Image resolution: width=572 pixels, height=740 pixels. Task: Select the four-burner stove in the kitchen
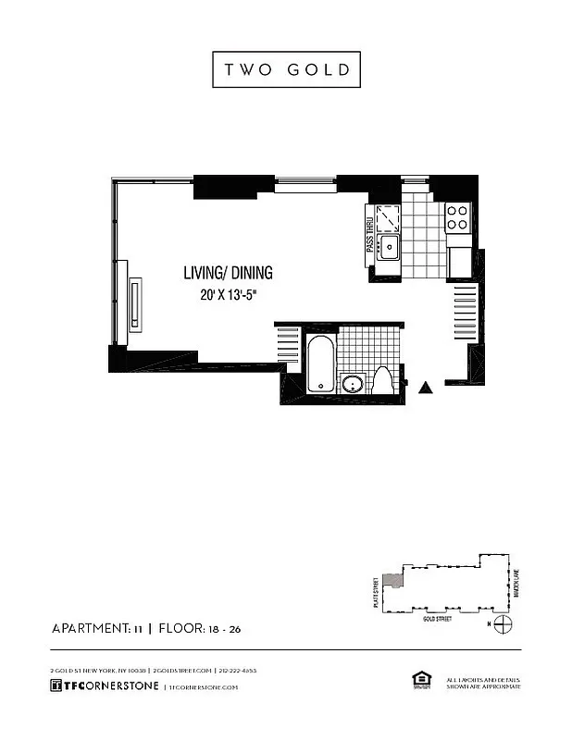457,217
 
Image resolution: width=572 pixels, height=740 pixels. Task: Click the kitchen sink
391,246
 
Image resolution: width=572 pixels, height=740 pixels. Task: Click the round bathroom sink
352,385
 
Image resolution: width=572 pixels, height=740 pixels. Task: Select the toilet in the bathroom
383,382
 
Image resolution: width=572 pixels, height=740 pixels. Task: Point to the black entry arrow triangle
427,388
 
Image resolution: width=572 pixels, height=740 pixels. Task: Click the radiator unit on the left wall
136,303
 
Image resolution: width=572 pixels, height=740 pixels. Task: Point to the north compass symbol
502,624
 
